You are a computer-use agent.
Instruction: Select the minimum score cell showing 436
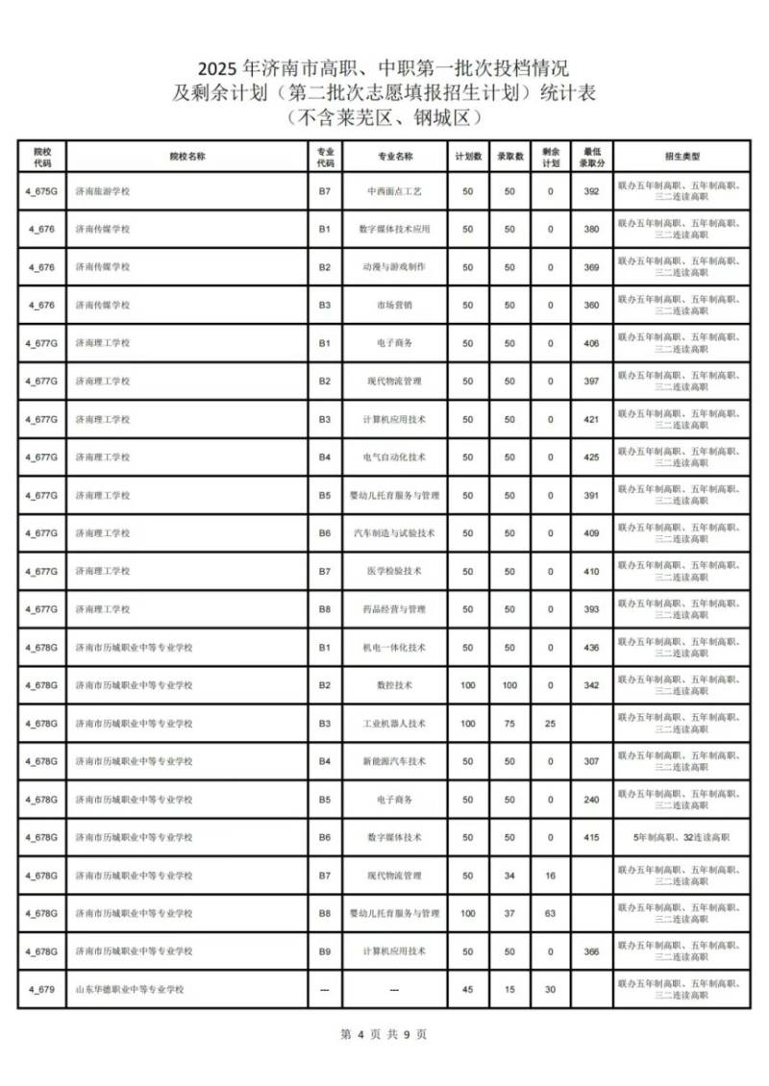(591, 648)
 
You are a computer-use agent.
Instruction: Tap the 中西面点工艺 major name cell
(394, 191)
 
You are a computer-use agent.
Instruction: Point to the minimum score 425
(591, 457)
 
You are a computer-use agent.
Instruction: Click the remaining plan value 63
(551, 913)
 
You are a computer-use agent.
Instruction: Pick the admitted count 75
(509, 724)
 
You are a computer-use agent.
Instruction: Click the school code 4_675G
(41, 191)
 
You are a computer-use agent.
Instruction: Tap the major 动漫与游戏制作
(394, 267)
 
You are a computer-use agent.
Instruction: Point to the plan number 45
(468, 989)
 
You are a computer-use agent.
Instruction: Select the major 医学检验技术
(394, 572)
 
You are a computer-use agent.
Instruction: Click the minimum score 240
(591, 800)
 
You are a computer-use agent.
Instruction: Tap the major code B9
(325, 951)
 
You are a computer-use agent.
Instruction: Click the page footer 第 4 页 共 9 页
(384, 1035)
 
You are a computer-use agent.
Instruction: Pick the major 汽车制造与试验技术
(394, 533)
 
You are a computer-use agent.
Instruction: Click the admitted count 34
(509, 876)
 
